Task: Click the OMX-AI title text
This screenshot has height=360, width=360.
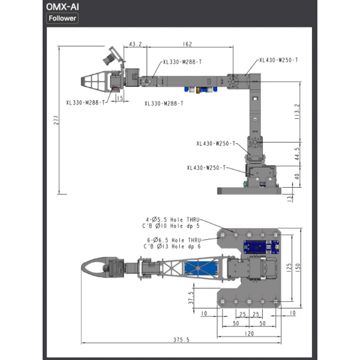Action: click(x=62, y=7)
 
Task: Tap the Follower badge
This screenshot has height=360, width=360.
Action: click(x=62, y=19)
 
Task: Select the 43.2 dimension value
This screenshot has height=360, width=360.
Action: click(x=136, y=44)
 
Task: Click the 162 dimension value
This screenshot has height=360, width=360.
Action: click(x=187, y=44)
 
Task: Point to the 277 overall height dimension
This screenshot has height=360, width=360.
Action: click(x=56, y=120)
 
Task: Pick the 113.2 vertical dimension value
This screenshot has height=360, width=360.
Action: click(x=297, y=112)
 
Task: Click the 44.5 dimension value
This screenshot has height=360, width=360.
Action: click(x=297, y=154)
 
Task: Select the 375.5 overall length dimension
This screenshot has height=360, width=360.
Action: click(x=181, y=340)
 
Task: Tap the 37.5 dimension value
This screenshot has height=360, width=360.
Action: click(x=191, y=298)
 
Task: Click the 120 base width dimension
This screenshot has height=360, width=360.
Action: click(x=250, y=334)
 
